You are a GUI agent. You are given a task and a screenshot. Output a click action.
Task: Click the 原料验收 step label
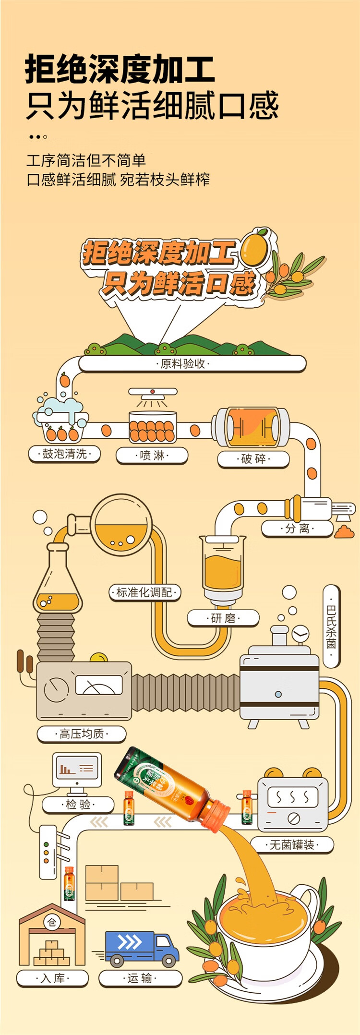(183, 363)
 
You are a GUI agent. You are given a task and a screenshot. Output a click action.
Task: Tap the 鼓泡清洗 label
(65, 454)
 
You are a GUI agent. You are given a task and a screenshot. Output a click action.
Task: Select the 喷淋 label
(152, 455)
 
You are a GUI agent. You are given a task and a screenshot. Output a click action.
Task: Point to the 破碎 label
(253, 459)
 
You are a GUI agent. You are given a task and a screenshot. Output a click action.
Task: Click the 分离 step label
(297, 529)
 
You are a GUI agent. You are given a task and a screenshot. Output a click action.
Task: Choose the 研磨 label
(223, 618)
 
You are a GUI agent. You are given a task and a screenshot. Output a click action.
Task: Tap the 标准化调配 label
(144, 592)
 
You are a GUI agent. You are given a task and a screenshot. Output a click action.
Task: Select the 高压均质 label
(82, 734)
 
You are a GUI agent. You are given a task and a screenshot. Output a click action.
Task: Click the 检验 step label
(78, 805)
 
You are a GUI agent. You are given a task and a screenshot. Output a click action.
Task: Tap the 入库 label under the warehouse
(52, 978)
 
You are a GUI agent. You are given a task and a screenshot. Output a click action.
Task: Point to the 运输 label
(140, 978)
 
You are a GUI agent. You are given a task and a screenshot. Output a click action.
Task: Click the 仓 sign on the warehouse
(52, 923)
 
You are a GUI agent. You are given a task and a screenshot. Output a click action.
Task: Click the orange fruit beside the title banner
(253, 248)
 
